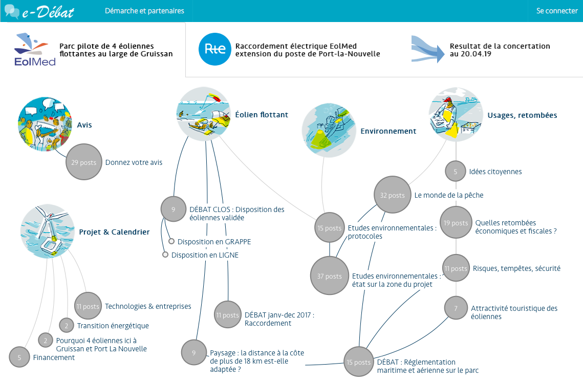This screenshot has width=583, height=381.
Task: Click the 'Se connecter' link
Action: tap(557, 11)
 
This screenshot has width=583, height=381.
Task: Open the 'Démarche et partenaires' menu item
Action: tap(144, 11)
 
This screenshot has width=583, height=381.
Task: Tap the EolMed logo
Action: tap(35, 50)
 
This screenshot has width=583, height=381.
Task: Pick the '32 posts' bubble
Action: tap(392, 195)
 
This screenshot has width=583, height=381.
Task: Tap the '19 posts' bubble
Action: tap(456, 223)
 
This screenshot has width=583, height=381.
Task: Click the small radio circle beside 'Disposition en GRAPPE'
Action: tap(172, 241)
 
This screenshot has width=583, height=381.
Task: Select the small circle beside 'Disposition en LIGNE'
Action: tap(165, 255)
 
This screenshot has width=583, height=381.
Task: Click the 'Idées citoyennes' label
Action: tap(495, 172)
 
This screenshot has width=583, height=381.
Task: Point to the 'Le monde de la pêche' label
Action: tap(449, 195)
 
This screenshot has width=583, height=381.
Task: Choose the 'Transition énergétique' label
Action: tap(113, 326)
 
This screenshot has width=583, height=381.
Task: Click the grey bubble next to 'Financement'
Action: tap(19, 357)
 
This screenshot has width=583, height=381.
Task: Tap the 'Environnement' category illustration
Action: tap(329, 128)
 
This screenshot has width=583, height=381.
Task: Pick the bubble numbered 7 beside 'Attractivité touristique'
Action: tap(456, 308)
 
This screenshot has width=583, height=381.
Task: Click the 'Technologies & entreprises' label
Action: tap(148, 306)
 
